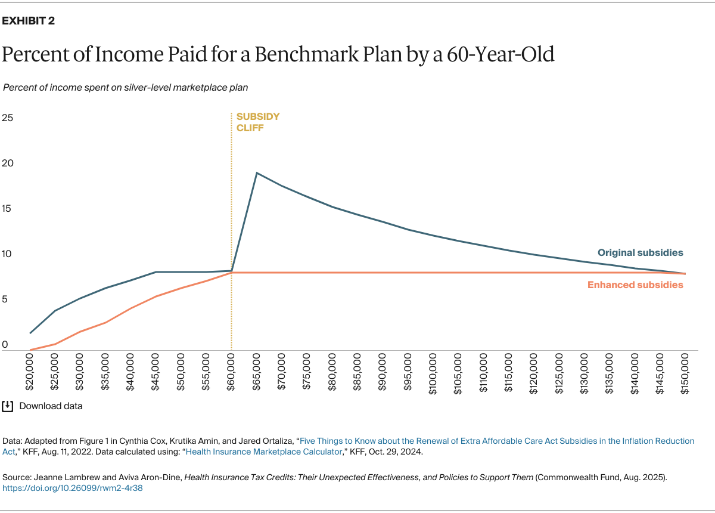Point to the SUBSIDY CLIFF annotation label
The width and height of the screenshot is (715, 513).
257,122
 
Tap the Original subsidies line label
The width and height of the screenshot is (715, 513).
640,253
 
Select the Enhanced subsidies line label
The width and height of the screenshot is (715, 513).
635,285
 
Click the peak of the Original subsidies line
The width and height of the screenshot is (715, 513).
256,173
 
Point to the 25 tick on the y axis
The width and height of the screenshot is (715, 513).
8,118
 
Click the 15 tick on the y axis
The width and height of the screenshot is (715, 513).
8,209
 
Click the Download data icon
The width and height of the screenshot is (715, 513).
8,406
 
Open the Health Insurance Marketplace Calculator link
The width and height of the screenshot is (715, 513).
265,452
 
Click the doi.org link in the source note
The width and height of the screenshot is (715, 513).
73,488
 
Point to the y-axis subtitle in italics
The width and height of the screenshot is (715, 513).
126,87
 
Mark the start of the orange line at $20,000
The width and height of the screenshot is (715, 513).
30,350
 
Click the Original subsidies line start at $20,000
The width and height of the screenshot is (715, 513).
30,333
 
